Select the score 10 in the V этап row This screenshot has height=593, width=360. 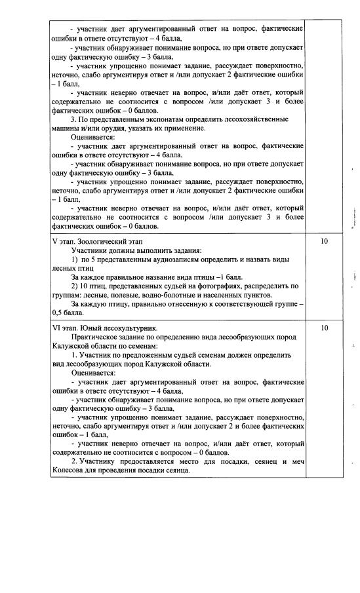click(323, 242)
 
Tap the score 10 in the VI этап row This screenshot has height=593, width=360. click(323, 328)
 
